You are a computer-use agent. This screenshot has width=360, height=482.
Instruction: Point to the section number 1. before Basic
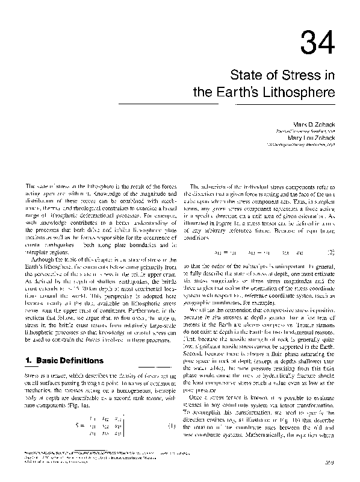28,360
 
